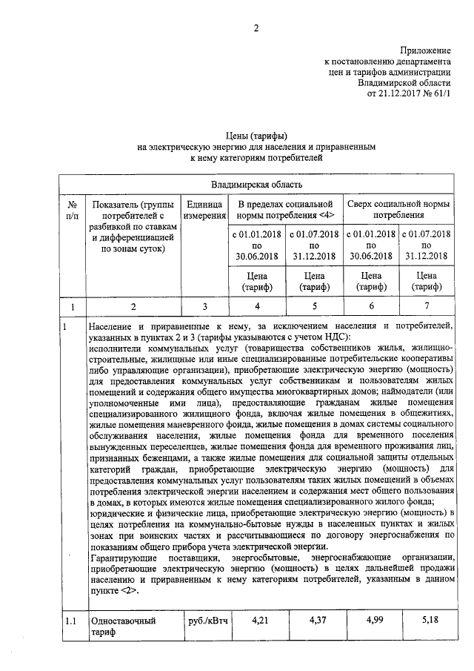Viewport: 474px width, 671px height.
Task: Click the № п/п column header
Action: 73,210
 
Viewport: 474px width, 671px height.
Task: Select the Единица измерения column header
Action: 204,210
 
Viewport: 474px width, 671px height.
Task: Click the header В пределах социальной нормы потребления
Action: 286,210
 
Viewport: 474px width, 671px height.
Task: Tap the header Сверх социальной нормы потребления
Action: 398,210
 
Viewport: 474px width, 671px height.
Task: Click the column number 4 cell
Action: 258,305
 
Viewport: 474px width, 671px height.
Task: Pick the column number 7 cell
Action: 426,305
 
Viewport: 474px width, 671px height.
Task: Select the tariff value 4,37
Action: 315,617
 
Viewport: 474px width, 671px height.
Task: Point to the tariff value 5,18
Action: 426,617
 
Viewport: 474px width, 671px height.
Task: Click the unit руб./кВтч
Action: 205,617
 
